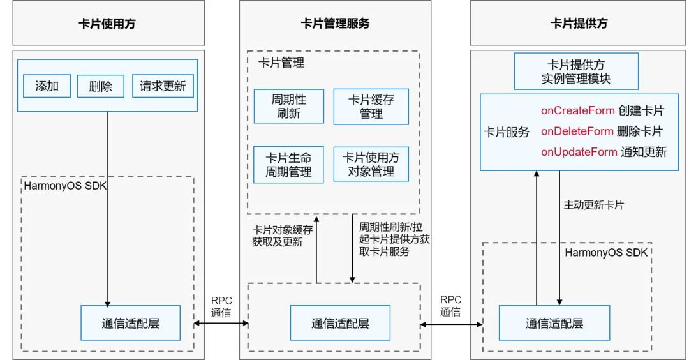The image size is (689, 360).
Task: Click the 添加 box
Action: (47, 86)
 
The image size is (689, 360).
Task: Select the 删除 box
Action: (100, 86)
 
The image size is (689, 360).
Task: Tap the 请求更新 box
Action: (163, 86)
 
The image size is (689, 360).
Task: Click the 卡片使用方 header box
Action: (108, 24)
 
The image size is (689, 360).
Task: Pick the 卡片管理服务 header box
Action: (335, 24)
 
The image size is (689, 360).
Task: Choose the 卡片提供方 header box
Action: (579, 24)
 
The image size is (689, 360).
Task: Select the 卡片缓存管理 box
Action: (371, 107)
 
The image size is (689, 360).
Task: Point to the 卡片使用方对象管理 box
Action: (371, 165)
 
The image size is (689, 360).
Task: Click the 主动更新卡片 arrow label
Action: (594, 206)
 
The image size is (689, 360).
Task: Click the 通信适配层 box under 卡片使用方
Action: (130, 323)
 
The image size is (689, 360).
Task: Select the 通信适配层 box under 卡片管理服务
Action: (340, 323)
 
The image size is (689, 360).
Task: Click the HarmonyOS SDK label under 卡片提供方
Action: (606, 253)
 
